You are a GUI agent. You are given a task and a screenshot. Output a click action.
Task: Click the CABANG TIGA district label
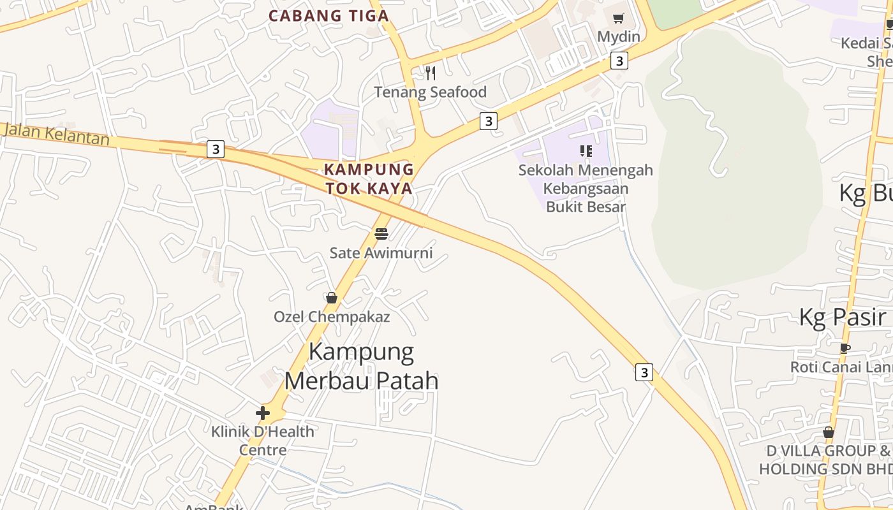point(328,16)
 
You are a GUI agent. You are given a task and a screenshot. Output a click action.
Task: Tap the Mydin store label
point(618,36)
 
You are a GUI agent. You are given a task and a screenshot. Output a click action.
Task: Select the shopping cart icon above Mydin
point(618,18)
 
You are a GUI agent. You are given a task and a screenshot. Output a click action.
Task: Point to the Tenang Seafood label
point(430,92)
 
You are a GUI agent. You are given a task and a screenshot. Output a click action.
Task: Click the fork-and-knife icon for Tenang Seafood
point(431,73)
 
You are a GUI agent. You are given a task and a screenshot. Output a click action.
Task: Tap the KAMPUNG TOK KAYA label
point(369,179)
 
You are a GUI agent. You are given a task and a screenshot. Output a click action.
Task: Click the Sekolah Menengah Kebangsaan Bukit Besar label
point(586,188)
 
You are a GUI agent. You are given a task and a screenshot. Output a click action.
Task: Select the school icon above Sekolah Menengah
point(586,151)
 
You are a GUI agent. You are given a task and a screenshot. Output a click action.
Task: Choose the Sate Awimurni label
point(381,252)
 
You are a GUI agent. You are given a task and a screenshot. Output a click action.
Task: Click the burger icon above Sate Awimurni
point(381,233)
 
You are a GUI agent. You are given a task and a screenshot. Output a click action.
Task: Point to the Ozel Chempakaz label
point(332,316)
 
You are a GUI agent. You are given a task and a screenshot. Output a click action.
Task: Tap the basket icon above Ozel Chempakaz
point(332,298)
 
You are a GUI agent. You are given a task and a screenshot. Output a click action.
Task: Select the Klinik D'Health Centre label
point(263,441)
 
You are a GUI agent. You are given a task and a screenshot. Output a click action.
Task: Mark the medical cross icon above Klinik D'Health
point(263,413)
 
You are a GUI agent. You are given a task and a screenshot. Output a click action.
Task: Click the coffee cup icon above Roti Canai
point(845,348)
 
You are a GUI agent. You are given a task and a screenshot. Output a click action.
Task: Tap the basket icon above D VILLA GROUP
point(828,432)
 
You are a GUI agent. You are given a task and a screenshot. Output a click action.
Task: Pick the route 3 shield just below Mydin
point(619,61)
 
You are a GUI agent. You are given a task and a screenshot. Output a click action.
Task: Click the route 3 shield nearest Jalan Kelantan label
point(216,150)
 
